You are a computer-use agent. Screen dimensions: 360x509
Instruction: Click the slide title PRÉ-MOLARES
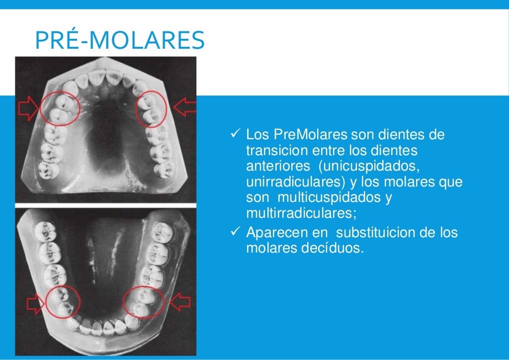click(120, 41)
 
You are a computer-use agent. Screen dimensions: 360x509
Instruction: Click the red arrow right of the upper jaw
click(185, 107)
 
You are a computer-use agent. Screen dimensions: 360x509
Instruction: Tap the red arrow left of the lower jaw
click(35, 302)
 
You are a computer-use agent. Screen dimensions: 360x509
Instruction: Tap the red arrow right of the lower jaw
click(179, 301)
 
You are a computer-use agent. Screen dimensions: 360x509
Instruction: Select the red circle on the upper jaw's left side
click(59, 108)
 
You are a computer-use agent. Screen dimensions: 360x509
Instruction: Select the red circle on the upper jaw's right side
click(151, 109)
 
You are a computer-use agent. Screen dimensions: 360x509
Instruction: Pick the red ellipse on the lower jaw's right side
click(143, 301)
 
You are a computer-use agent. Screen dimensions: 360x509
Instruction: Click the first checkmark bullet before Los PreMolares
click(237, 134)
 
